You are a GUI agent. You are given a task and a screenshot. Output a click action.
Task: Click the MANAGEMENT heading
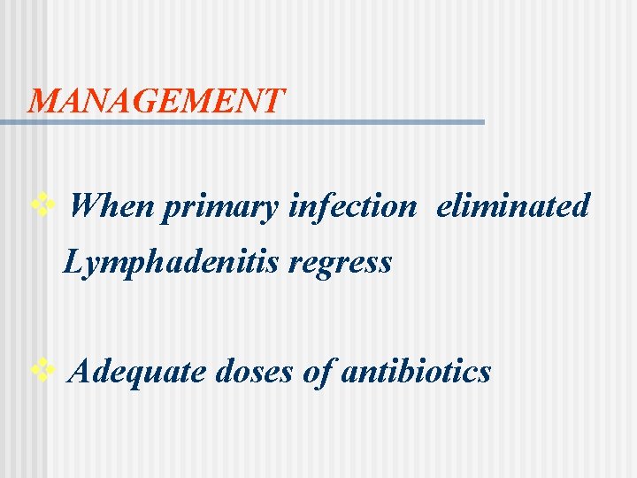click(x=157, y=100)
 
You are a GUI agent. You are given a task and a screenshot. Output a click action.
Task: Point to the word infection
click(x=352, y=206)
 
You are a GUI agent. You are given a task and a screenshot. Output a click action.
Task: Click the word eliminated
click(x=513, y=206)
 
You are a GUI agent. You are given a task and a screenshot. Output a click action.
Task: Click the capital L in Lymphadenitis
click(x=74, y=261)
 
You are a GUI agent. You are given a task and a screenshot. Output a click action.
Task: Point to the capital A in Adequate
click(x=78, y=371)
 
